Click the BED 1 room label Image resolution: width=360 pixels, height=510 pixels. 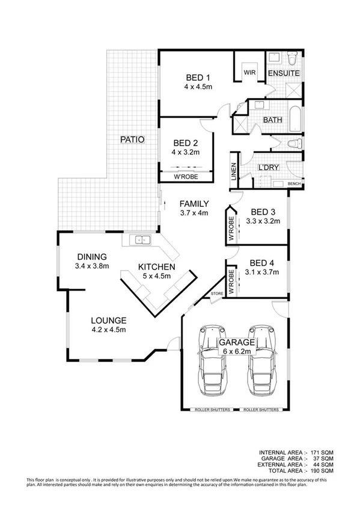[x=197, y=78]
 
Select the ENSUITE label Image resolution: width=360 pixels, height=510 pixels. [x=283, y=73]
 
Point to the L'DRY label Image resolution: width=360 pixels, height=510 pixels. [x=267, y=167]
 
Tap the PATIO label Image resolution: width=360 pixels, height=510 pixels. [x=132, y=140]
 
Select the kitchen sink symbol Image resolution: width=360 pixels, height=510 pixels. [x=142, y=239]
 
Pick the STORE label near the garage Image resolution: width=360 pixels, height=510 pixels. [x=217, y=293]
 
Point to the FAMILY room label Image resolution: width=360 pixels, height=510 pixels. [x=194, y=203]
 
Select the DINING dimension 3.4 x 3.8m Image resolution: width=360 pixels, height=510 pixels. [x=92, y=265]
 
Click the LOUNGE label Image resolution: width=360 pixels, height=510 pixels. [x=108, y=320]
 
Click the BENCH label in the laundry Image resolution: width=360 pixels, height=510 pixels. [x=294, y=183]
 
